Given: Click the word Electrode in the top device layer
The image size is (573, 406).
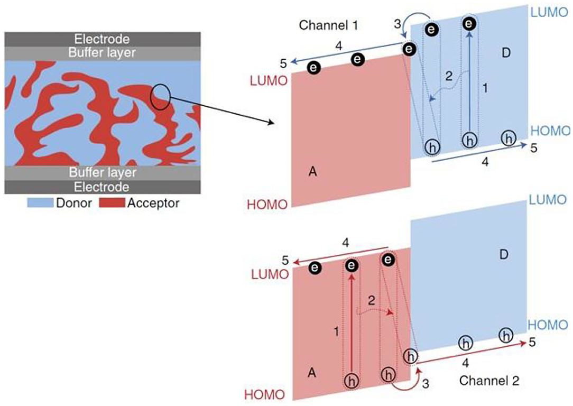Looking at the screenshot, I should point(102,39).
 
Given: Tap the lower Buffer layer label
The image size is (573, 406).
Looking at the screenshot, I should point(102,173).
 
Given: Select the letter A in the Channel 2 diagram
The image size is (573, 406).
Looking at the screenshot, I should point(312,373).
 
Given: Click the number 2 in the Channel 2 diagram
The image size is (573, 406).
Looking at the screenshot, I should point(371,300).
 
